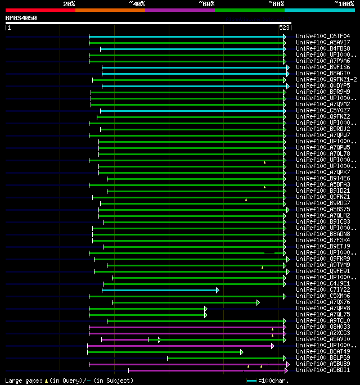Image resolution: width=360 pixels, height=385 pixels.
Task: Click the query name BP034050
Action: coord(21,18)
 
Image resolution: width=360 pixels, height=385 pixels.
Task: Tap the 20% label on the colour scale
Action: coord(69,4)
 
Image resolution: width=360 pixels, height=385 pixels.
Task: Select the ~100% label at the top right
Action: coord(344,4)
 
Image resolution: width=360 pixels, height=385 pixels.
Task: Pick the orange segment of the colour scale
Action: coord(110,10)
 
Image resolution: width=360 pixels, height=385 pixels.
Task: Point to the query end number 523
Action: coord(284,28)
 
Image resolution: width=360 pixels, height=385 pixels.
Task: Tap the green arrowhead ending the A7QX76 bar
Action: coord(258,302)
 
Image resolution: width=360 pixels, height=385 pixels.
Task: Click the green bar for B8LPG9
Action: coord(225,358)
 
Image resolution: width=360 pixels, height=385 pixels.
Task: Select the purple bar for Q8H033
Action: coord(186,327)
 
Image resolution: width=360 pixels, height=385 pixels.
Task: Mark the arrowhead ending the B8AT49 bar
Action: coord(241,352)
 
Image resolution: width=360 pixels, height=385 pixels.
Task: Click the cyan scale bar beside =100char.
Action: coord(251,381)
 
